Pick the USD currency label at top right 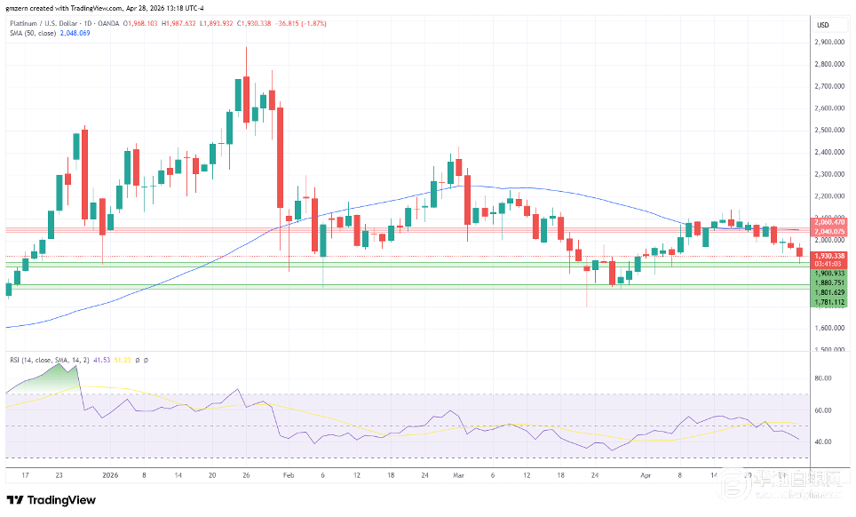point(822,24)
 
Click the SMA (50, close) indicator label point(33,34)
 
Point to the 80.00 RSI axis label point(822,378)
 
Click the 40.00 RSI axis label point(822,441)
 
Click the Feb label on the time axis point(287,475)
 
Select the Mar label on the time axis point(458,475)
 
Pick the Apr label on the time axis point(646,475)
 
